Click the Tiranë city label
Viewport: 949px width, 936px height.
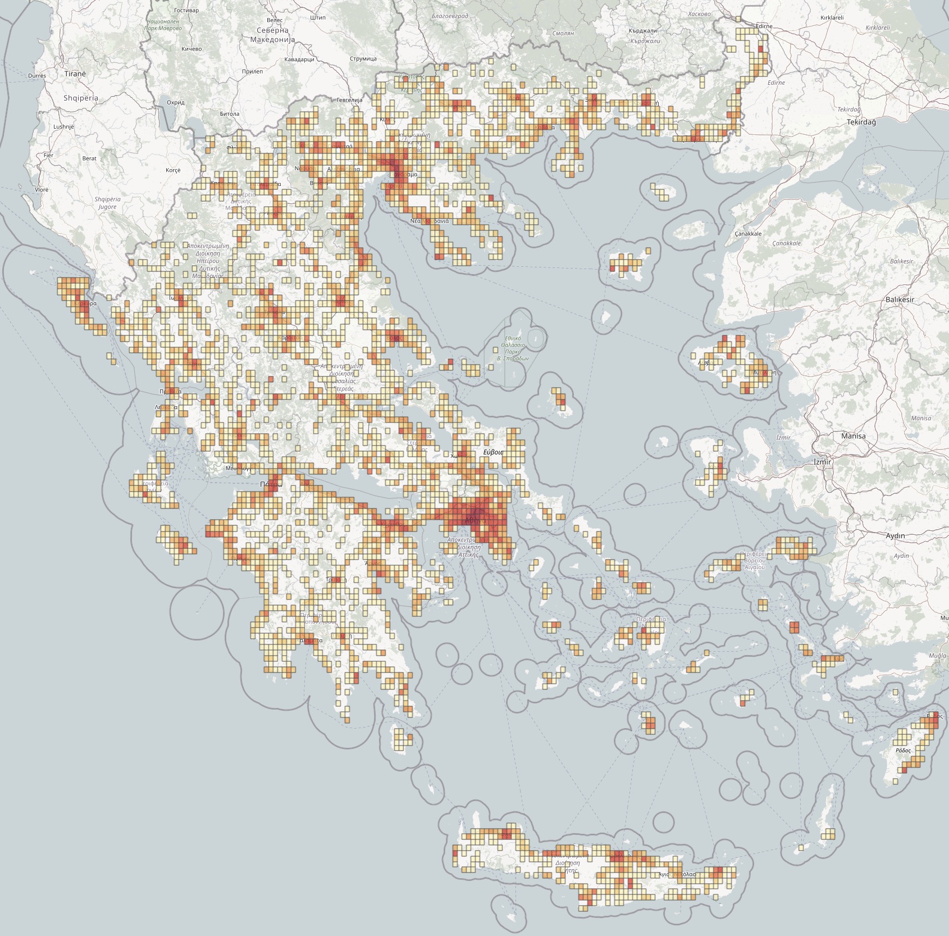pos(75,74)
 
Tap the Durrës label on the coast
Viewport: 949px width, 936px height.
pos(37,75)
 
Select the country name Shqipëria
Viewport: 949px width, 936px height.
pos(80,98)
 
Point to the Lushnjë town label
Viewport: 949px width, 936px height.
pos(63,126)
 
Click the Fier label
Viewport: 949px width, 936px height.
pos(48,155)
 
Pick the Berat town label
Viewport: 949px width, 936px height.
pos(89,158)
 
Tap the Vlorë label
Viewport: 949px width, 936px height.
pos(42,189)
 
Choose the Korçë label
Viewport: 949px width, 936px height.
pos(173,170)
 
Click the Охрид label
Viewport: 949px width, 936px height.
pos(176,103)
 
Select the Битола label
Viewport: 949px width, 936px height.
pos(230,113)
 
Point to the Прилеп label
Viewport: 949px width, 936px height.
pos(252,71)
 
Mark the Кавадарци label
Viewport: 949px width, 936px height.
pos(299,59)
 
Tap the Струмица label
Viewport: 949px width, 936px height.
pos(363,58)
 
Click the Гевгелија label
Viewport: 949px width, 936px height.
pos(349,100)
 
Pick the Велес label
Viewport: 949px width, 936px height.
pos(275,20)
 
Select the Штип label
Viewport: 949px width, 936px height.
pos(317,17)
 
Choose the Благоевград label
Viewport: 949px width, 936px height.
pos(450,16)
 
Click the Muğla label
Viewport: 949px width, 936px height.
pos(937,656)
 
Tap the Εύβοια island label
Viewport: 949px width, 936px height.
pos(494,452)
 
